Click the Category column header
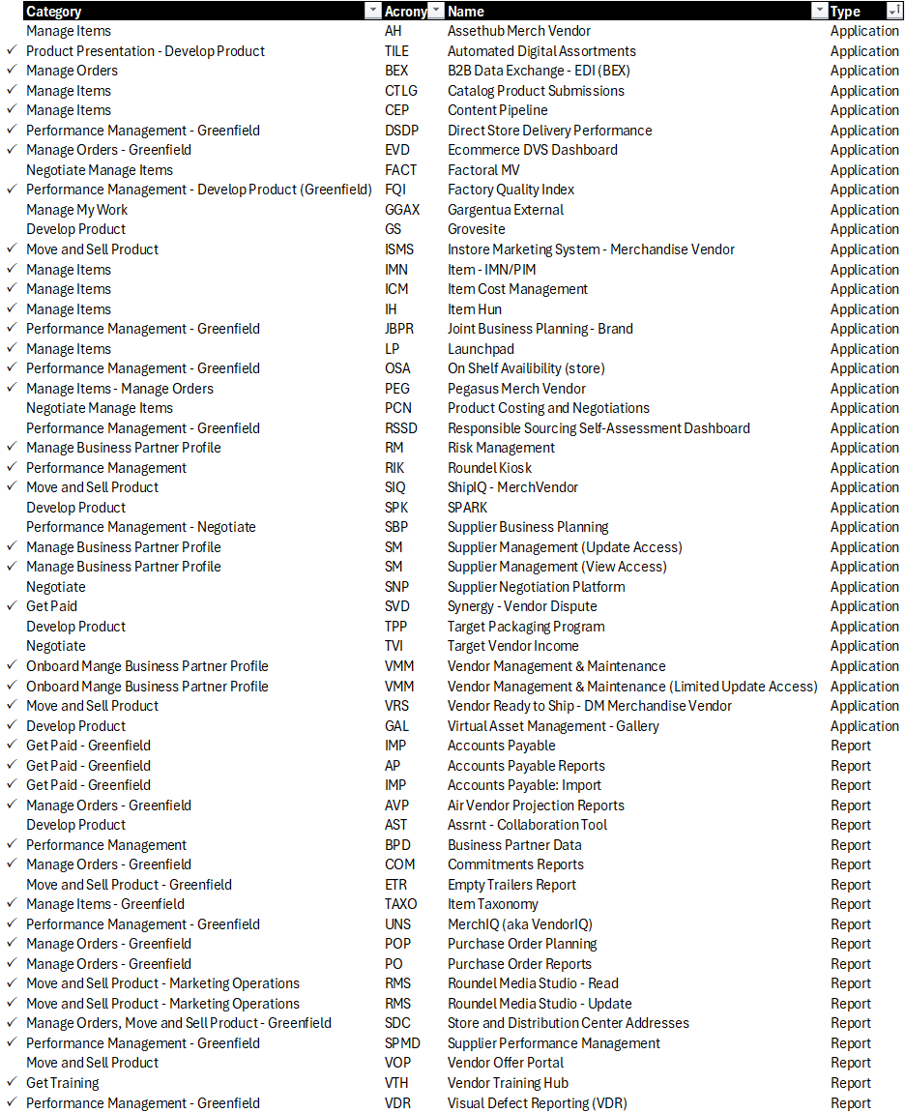pyautogui.click(x=54, y=12)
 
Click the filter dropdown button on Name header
pyautogui.click(x=817, y=12)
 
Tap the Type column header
pyautogui.click(x=845, y=12)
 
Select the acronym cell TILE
pyautogui.click(x=396, y=51)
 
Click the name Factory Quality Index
pyautogui.click(x=511, y=190)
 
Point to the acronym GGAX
pyautogui.click(x=402, y=210)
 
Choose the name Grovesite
pyautogui.click(x=476, y=229)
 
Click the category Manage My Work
pyautogui.click(x=76, y=210)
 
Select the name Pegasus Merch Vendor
pyautogui.click(x=516, y=389)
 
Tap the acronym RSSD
pyautogui.click(x=401, y=428)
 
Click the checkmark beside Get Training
pyautogui.click(x=12, y=1083)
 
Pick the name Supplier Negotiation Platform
pyautogui.click(x=536, y=587)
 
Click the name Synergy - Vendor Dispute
pyautogui.click(x=522, y=606)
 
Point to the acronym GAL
pyautogui.click(x=396, y=726)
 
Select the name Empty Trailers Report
pyautogui.click(x=511, y=885)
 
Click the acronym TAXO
pyautogui.click(x=400, y=904)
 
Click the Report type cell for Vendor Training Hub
pyautogui.click(x=850, y=1083)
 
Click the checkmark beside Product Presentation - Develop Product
pyautogui.click(x=12, y=51)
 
